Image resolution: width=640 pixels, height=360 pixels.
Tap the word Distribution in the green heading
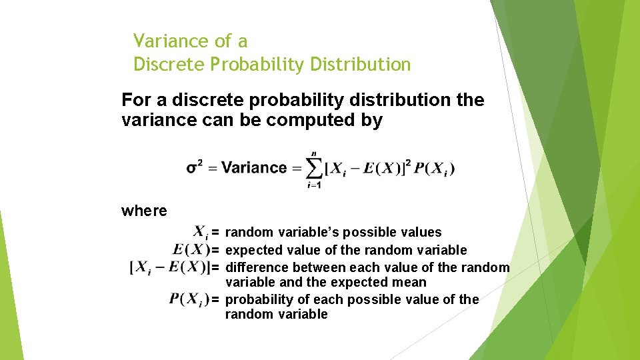(366, 65)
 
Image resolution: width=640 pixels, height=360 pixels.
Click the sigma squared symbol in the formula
(195, 167)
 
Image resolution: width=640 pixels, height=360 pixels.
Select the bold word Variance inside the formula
(253, 167)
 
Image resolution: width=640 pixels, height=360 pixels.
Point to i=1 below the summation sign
(314, 185)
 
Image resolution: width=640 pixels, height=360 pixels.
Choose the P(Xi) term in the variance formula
(434, 169)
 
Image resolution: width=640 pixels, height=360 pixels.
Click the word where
(144, 211)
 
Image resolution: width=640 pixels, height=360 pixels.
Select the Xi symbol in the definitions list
(201, 232)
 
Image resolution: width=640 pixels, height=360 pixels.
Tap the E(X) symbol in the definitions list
(191, 250)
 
